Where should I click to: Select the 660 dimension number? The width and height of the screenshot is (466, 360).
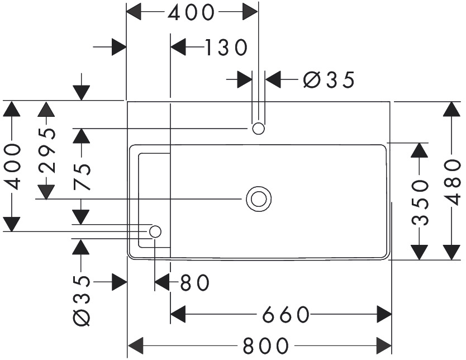tap(286, 315)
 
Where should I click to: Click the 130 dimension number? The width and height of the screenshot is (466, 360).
tap(225, 48)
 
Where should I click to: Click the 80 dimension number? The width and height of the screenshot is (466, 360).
tap(195, 283)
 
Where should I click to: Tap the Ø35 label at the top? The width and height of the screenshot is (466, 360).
tap(329, 80)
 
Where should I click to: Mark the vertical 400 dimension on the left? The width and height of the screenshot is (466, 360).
tap(12, 166)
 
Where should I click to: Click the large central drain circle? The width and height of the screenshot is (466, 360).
tap(258, 198)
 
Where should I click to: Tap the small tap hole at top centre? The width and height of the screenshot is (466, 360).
tap(258, 129)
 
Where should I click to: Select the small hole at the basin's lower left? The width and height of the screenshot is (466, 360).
tap(155, 231)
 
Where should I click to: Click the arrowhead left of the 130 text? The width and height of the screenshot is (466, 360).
tap(178, 48)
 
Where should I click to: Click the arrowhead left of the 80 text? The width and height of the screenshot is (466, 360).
tap(162, 283)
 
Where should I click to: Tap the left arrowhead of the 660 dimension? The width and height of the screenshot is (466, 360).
tap(178, 315)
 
